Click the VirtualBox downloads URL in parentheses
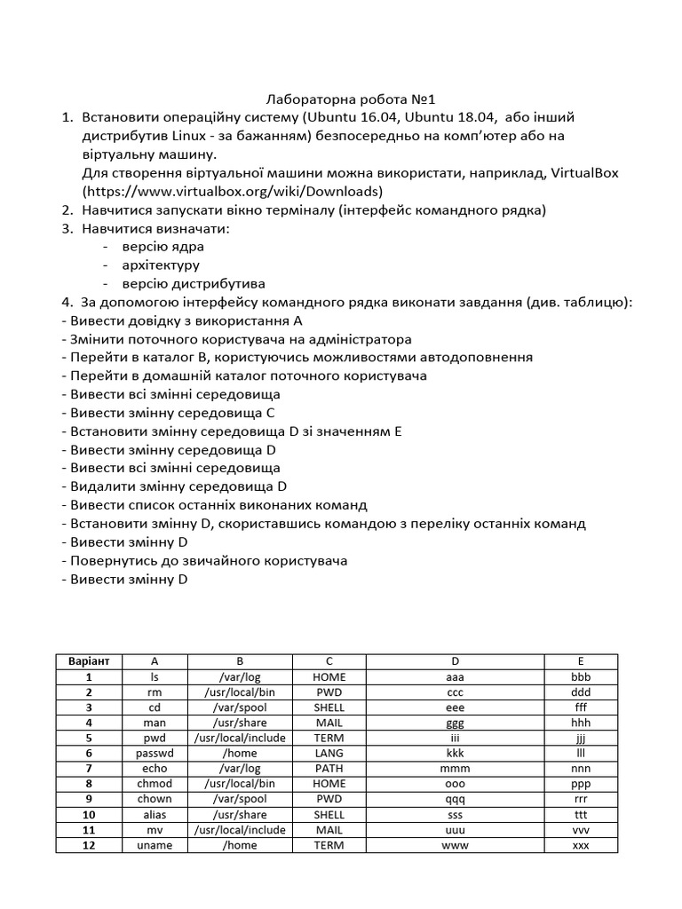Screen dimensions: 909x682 [x=233, y=191]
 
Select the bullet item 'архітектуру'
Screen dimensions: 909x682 [x=161, y=265]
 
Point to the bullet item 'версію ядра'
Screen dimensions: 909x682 [x=163, y=247]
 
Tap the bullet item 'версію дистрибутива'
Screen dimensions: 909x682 [x=194, y=284]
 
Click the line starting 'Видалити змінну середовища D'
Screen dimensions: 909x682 [x=174, y=486]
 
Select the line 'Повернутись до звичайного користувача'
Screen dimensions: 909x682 [x=204, y=561]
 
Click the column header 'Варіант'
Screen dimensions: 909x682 [x=89, y=661]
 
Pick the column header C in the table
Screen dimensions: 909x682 [x=329, y=661]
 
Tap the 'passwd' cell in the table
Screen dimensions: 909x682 [x=155, y=753]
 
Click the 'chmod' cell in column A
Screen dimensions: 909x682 [x=155, y=784]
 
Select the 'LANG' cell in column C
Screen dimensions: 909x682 [x=329, y=753]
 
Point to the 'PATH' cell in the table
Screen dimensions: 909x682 [x=329, y=769]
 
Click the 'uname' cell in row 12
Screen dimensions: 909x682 [x=155, y=845]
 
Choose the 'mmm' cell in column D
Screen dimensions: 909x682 [x=455, y=769]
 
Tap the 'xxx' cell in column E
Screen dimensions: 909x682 [x=581, y=845]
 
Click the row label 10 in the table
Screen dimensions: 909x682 [x=89, y=815]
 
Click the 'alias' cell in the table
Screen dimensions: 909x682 [x=155, y=815]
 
